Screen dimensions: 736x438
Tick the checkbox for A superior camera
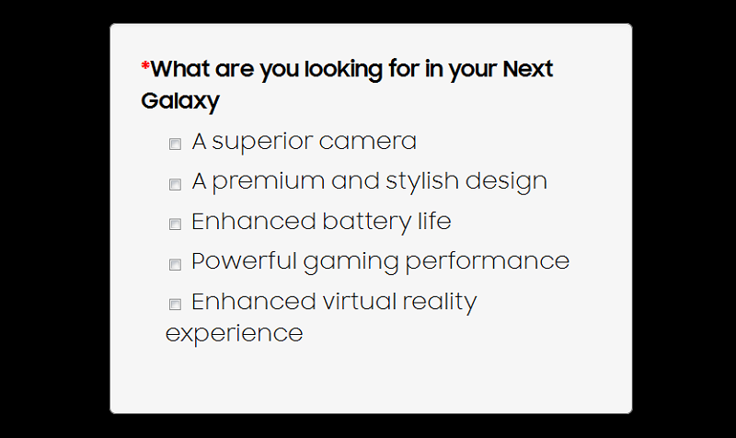tap(175, 144)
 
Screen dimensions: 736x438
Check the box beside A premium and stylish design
tap(175, 184)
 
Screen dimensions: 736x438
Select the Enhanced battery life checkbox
tap(175, 224)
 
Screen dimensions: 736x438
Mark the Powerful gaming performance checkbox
tap(175, 264)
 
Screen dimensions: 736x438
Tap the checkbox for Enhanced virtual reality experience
tap(175, 305)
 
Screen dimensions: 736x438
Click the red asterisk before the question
tap(145, 66)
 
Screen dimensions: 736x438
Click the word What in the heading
tap(180, 69)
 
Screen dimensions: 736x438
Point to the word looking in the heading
tap(343, 71)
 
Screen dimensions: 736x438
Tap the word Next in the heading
tap(528, 69)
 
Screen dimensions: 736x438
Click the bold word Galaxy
tap(180, 101)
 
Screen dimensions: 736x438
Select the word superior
tap(262, 142)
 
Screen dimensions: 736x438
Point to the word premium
tap(268, 182)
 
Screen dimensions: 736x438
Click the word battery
tap(366, 222)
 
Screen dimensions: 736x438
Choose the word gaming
tap(351, 262)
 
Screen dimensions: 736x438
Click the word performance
tap(488, 261)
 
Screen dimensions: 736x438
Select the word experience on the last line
tap(235, 334)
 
